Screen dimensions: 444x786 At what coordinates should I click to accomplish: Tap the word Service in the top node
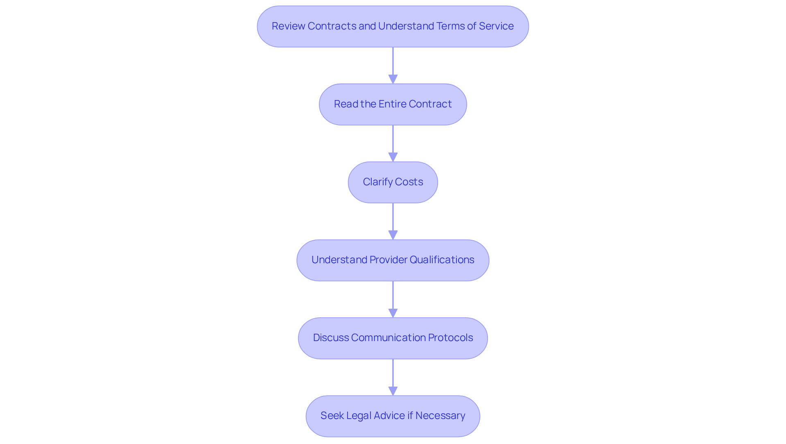pyautogui.click(x=496, y=26)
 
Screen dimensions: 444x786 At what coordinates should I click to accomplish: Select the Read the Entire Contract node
pyautogui.click(x=393, y=104)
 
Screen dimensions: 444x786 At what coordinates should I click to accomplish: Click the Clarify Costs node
pyautogui.click(x=393, y=182)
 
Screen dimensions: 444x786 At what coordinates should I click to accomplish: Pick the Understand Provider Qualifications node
pyautogui.click(x=393, y=260)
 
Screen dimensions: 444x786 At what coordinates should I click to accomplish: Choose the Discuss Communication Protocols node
pyautogui.click(x=393, y=338)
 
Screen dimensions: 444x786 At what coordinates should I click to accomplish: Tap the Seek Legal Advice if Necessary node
pyautogui.click(x=393, y=416)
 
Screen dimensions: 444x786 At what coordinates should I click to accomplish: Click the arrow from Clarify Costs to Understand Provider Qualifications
pyautogui.click(x=393, y=221)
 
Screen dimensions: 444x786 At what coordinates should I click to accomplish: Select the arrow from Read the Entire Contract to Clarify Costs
pyautogui.click(x=393, y=143)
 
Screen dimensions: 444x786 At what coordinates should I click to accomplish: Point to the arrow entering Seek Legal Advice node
pyautogui.click(x=393, y=377)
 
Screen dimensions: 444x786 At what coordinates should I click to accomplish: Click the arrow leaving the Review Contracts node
pyautogui.click(x=393, y=66)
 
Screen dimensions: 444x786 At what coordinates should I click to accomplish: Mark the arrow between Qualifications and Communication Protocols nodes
pyautogui.click(x=393, y=299)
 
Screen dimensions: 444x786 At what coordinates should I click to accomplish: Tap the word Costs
pyautogui.click(x=409, y=182)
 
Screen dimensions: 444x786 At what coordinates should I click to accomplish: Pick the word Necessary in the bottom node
pyautogui.click(x=440, y=416)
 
